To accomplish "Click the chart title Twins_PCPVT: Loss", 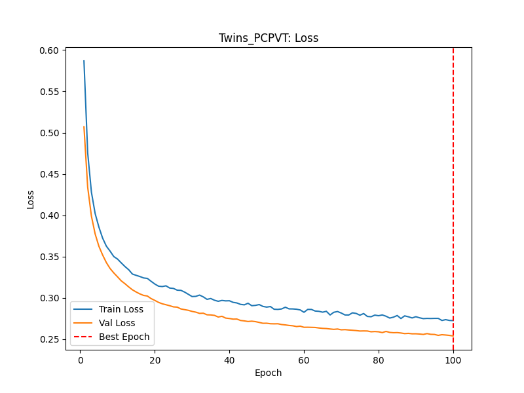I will tap(269, 38).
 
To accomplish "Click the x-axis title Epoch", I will tap(269, 373).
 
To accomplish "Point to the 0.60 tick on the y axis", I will tap(49, 50).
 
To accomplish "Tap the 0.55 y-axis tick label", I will tap(49, 92).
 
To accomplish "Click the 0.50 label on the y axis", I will tap(49, 133).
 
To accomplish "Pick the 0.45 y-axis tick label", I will tap(49, 174).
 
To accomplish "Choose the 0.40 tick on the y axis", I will tap(49, 215).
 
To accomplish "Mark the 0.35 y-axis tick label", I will tap(49, 257).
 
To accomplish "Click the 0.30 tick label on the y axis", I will tap(49, 298).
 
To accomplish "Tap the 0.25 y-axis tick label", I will tap(49, 339).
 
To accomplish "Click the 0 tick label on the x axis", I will tap(81, 360).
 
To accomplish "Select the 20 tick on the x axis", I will tap(155, 360).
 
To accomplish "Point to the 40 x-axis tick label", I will tap(229, 360).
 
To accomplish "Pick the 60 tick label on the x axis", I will tap(304, 360).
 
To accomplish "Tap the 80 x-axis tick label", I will tap(379, 360).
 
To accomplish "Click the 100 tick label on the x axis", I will tap(453, 360).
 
